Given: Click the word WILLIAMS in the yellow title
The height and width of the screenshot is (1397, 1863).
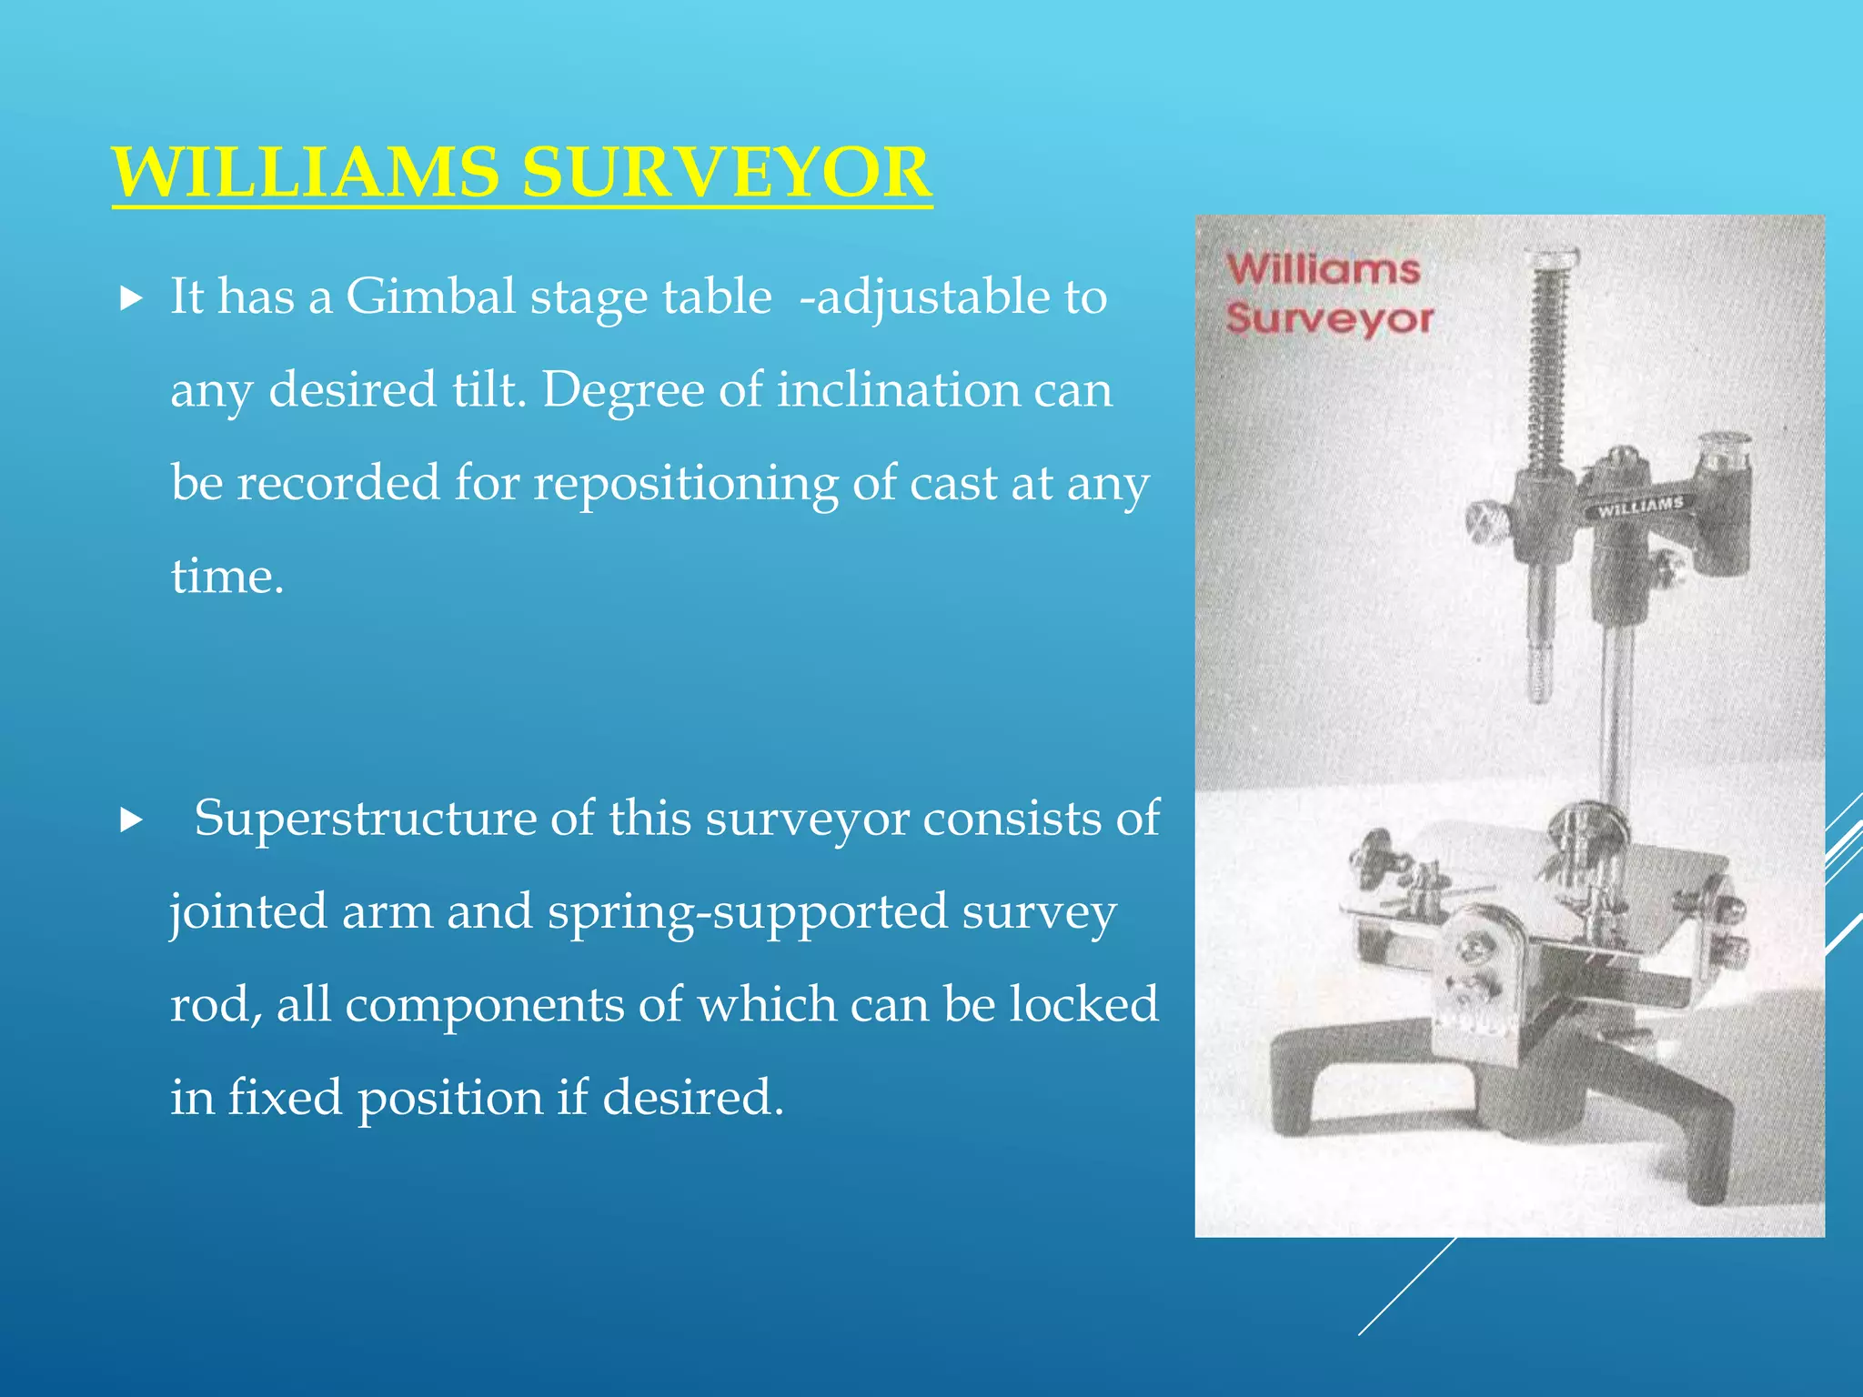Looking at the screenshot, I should (x=305, y=173).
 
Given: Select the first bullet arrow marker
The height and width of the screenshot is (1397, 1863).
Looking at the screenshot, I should (x=132, y=297).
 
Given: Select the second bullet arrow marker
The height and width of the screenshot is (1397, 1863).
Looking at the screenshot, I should (x=132, y=820).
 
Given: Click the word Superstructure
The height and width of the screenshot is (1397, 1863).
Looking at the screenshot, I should (x=365, y=818).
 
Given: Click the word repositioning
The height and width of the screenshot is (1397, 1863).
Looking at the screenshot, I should (x=685, y=483).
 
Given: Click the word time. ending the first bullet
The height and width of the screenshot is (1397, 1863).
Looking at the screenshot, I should (x=227, y=577).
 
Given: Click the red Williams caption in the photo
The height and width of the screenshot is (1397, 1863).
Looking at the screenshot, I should (x=1323, y=270).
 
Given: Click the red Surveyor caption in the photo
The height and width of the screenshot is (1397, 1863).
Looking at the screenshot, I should (x=1329, y=318).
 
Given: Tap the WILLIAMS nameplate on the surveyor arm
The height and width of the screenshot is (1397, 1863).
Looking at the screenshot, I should (x=1640, y=506).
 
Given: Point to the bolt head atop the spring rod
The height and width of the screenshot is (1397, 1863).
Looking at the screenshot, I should (x=1552, y=260).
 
